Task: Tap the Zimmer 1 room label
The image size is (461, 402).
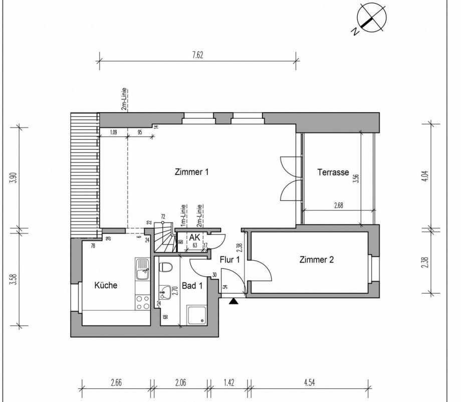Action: click(x=191, y=172)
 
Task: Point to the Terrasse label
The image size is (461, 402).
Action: click(x=333, y=172)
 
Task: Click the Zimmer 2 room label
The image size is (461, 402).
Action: click(x=316, y=260)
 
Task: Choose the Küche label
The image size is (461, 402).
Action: click(x=106, y=285)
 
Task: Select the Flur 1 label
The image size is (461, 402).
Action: click(x=230, y=259)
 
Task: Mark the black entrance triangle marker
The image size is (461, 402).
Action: click(x=233, y=301)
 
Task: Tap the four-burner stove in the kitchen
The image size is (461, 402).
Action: click(x=142, y=302)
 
